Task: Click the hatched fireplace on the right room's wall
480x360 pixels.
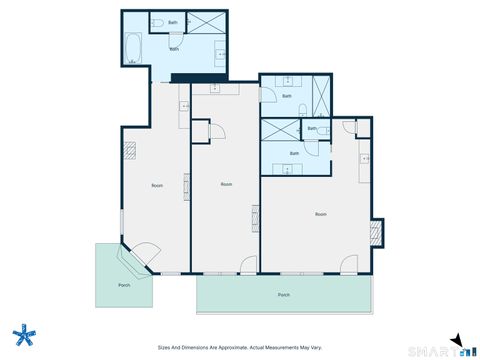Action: pos(376,233)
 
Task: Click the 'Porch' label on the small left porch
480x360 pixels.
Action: pos(124,285)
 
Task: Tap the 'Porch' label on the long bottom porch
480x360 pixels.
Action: pos(283,296)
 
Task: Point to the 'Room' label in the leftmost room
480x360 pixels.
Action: pos(157,186)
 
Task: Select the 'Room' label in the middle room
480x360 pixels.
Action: pos(226,184)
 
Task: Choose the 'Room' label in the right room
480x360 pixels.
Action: pos(320,214)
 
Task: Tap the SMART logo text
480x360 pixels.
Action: pos(431,350)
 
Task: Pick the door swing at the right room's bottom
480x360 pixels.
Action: pos(348,264)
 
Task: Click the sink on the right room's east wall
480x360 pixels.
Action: pos(365,158)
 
